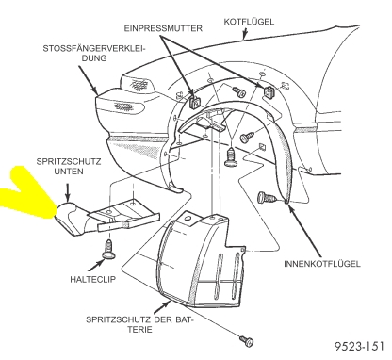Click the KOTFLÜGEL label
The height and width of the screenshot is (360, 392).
249,22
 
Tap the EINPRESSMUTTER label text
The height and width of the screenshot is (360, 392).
163,28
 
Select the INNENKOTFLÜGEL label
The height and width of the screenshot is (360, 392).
322,263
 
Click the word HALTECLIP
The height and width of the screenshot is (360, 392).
92,279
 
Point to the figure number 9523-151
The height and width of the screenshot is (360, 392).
359,346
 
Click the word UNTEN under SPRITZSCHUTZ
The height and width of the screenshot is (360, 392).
69,172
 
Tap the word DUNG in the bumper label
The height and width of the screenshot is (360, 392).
94,58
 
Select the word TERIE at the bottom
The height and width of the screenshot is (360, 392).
138,330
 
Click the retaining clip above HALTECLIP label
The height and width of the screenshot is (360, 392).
108,250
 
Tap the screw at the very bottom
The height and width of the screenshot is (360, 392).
247,341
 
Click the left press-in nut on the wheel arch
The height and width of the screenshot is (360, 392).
195,103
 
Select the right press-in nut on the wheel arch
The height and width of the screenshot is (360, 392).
268,91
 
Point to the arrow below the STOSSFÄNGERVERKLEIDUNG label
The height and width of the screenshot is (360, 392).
89,80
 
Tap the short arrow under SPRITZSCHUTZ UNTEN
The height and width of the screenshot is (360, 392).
68,192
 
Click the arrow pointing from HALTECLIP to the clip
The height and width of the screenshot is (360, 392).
95,265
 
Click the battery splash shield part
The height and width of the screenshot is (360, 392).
199,261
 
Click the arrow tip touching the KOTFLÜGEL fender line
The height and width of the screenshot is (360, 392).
244,39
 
